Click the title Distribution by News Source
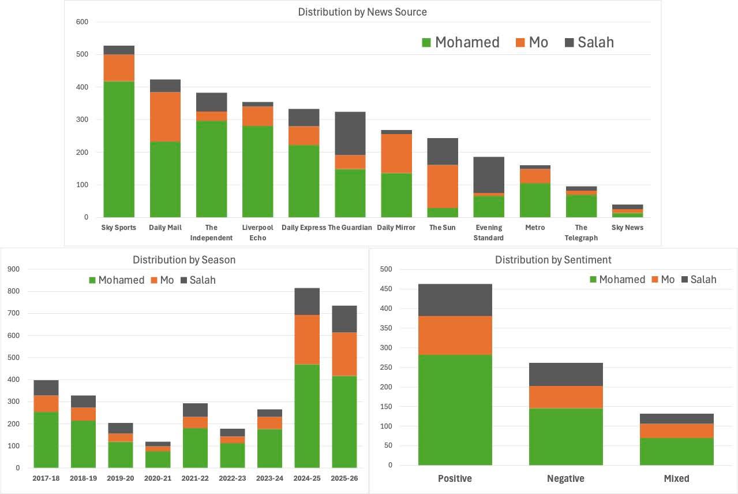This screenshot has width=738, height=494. coord(362,12)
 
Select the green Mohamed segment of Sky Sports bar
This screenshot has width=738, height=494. coord(119,149)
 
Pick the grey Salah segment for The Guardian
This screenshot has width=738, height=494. coord(350,133)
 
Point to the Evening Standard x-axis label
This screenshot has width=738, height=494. coord(489,232)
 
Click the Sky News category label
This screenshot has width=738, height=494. coord(627,228)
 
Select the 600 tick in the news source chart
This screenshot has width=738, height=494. coord(82,22)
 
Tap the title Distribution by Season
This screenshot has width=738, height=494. coord(184,260)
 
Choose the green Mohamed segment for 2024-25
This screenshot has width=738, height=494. coord(307,415)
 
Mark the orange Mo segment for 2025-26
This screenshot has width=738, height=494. coord(344,354)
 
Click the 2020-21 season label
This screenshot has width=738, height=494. coord(158,478)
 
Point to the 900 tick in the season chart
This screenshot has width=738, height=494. coord(13,269)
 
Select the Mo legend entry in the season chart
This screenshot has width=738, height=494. coord(162,280)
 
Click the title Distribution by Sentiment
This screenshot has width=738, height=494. coord(553,260)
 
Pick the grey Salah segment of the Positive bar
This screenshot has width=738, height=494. coord(455,300)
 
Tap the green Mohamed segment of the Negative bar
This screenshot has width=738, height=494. coord(566,437)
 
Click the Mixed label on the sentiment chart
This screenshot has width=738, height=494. coord(677,478)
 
